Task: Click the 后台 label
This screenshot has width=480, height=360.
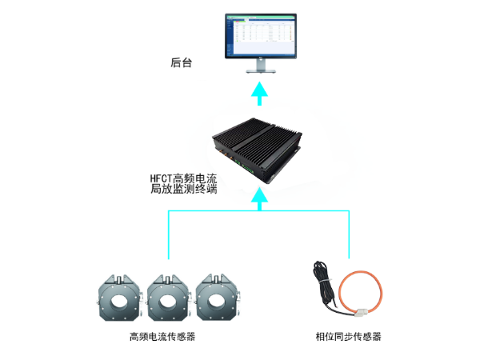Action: coord(182,62)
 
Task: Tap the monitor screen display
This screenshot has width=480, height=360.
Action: coord(261,35)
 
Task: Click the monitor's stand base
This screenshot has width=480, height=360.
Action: coord(261,71)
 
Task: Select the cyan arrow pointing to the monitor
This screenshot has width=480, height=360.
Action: coord(259,94)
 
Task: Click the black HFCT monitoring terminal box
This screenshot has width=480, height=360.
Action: coord(257,150)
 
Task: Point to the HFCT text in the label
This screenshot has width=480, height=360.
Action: coord(161,178)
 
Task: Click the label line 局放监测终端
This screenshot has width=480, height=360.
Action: coord(184,189)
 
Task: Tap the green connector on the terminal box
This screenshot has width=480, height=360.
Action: coord(247,168)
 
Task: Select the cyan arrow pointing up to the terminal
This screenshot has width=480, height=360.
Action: coord(259,199)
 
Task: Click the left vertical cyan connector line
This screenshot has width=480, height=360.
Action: coord(169,234)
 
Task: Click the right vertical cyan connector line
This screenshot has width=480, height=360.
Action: coord(349,234)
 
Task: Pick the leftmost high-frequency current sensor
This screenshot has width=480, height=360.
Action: coord(119,298)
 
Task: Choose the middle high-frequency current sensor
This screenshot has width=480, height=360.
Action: coord(168,298)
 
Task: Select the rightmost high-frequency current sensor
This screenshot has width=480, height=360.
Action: coord(217,298)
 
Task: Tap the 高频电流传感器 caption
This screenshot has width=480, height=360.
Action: coord(162,337)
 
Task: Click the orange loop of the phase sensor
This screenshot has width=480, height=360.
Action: coord(340,291)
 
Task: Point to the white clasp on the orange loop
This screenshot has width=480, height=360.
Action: coord(362,313)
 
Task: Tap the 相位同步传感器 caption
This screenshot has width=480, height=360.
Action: coord(348,337)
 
